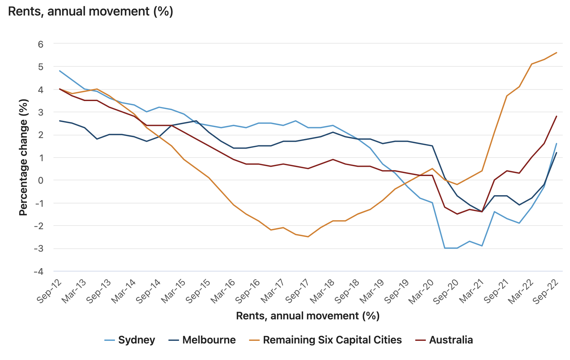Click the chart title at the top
(90, 11)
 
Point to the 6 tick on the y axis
(40, 44)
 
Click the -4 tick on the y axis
(39, 271)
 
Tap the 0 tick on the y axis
(40, 180)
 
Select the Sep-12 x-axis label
(50, 291)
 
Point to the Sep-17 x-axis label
(298, 291)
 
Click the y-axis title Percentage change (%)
(23, 158)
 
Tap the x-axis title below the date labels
(308, 316)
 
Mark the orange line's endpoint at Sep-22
(556, 53)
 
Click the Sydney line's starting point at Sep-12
(60, 71)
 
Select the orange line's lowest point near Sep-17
(308, 237)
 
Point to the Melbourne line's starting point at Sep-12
(60, 121)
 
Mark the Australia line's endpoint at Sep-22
(556, 116)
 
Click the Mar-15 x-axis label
(173, 291)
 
